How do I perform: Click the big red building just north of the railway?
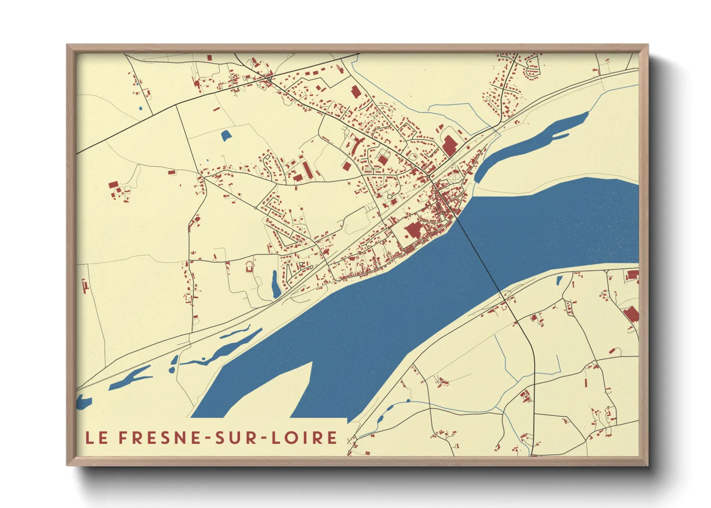click(x=450, y=145)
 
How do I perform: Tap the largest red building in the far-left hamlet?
click(x=113, y=185)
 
